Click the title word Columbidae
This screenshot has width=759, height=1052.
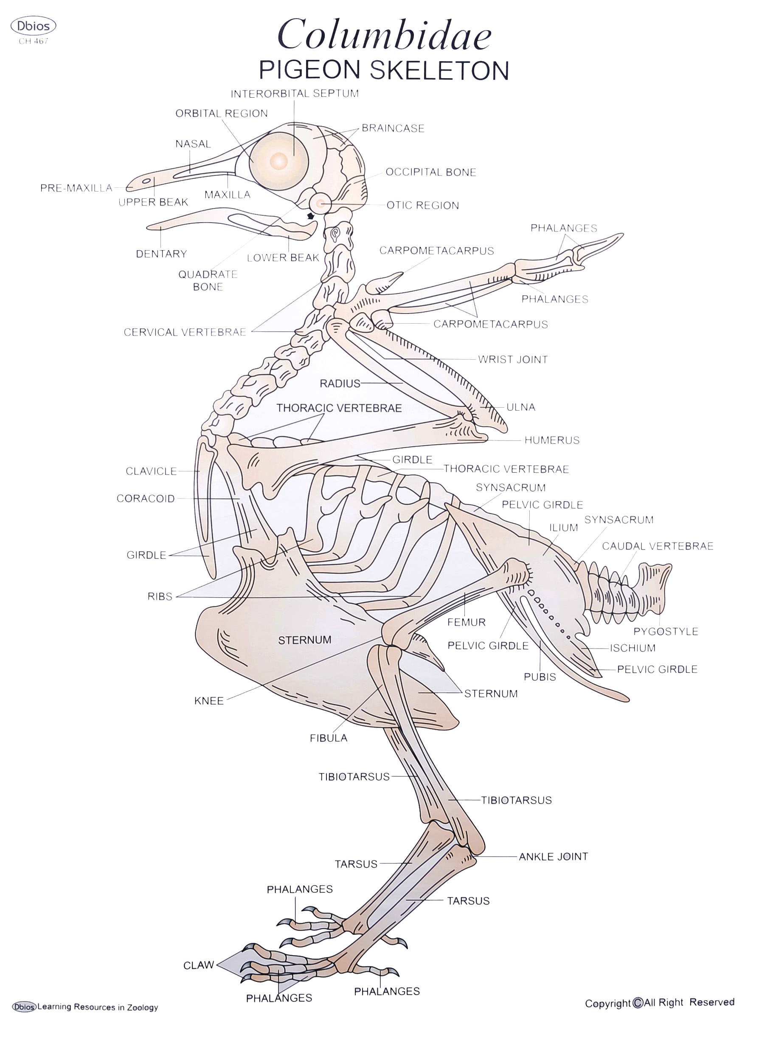(384, 36)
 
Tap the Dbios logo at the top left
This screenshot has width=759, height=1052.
(34, 26)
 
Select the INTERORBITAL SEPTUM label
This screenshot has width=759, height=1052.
(295, 94)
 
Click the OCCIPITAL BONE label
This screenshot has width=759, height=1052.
(431, 172)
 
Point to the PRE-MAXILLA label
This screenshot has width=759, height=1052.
(76, 188)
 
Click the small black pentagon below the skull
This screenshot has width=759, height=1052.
(311, 216)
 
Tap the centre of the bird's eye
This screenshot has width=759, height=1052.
(278, 161)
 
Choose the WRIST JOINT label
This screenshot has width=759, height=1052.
(513, 359)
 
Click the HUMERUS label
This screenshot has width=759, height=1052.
(552, 440)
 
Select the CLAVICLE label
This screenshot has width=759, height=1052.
(151, 471)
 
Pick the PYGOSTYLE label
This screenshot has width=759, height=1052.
(665, 631)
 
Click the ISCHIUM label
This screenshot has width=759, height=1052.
(632, 648)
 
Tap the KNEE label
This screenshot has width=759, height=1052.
(209, 701)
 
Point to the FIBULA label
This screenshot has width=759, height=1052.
(328, 738)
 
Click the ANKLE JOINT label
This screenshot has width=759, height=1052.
(553, 857)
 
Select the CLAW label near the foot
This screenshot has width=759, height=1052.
(198, 965)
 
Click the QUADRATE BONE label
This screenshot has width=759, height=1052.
(208, 281)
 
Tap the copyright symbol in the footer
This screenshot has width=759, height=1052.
(638, 1003)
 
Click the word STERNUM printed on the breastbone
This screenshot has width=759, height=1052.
(305, 640)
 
